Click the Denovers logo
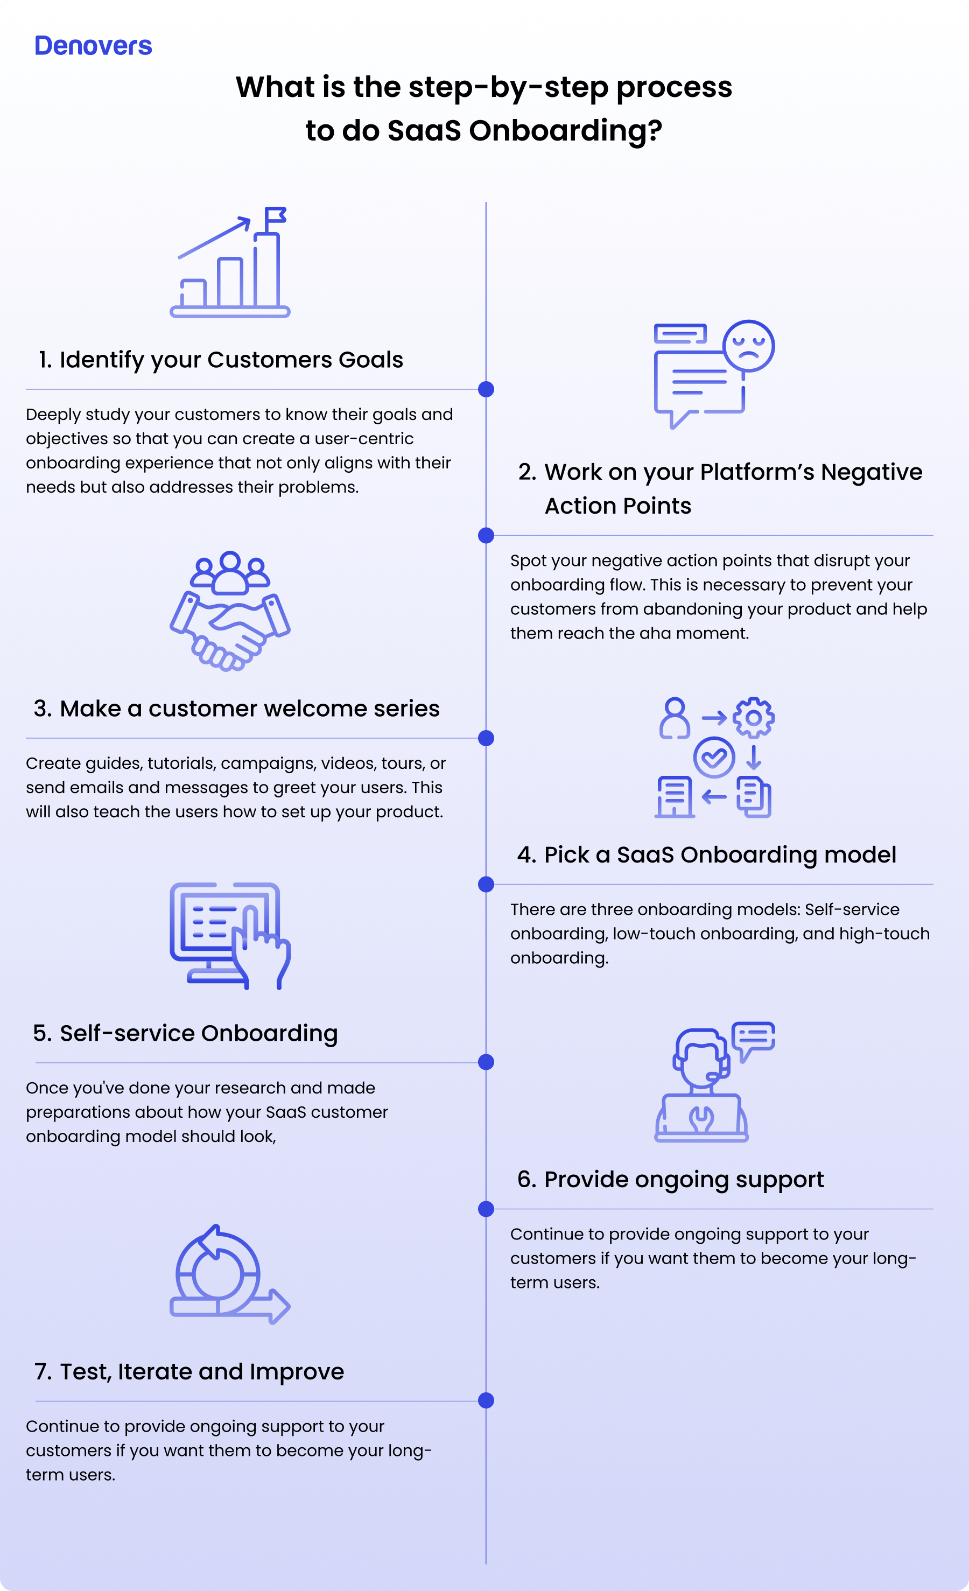(x=93, y=46)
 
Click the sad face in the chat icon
(x=748, y=346)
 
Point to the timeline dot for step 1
(x=486, y=389)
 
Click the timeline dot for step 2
(x=486, y=535)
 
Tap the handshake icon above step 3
(x=230, y=611)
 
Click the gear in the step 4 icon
(x=753, y=717)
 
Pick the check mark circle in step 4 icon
(x=714, y=758)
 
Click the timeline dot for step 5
(x=486, y=1062)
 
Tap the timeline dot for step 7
(x=486, y=1400)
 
